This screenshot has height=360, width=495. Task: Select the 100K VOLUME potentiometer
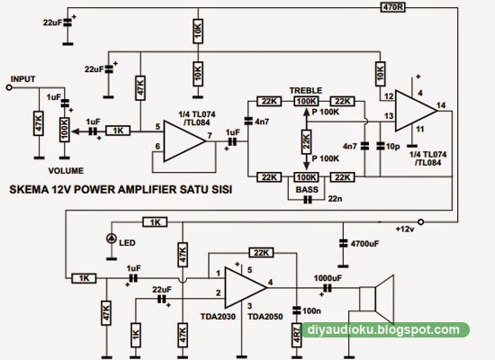(65, 130)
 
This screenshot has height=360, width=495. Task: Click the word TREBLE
(306, 89)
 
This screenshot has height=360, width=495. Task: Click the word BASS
(306, 190)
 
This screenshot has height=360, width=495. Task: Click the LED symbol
(112, 239)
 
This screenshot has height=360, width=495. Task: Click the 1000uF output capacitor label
(328, 278)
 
